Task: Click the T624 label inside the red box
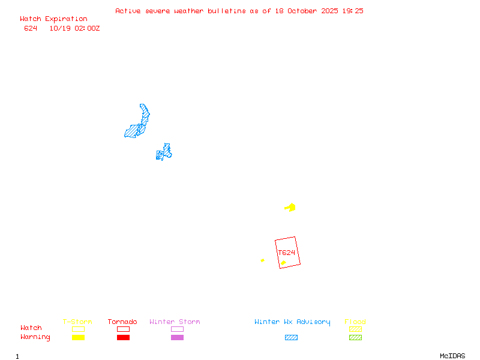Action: click(x=287, y=253)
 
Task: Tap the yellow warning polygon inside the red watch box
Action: click(x=283, y=263)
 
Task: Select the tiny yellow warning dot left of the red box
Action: click(x=262, y=260)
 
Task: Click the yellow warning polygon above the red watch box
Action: click(x=290, y=208)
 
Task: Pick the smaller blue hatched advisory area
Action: click(x=164, y=152)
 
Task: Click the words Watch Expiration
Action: click(x=53, y=19)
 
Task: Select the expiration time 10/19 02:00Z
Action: click(x=74, y=28)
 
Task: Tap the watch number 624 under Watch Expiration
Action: click(x=31, y=28)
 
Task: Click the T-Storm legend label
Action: click(x=77, y=322)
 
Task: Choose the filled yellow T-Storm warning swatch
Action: click(x=78, y=337)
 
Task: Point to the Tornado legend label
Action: click(x=122, y=322)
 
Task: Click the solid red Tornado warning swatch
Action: click(x=123, y=337)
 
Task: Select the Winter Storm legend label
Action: click(x=175, y=322)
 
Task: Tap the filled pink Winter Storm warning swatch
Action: click(x=177, y=337)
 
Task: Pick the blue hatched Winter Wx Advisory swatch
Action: click(x=291, y=337)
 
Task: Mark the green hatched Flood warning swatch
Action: click(x=355, y=337)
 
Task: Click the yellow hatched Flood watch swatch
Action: click(x=355, y=329)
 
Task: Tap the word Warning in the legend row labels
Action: click(x=35, y=337)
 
